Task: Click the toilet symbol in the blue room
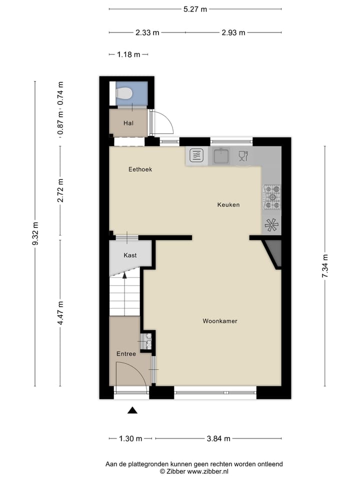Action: (123, 93)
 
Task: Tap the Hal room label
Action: (128, 123)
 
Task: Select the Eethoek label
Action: (140, 169)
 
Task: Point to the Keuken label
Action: (228, 204)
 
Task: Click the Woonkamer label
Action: (220, 321)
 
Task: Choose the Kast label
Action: (130, 255)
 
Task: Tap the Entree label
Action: (126, 354)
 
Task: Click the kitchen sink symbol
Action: (220, 156)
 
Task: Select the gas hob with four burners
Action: (272, 197)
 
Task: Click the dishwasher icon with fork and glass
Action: (243, 156)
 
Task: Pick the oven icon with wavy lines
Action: (197, 156)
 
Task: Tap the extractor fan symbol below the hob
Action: (271, 225)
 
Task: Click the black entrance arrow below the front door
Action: (132, 410)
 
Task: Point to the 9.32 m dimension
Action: (34, 234)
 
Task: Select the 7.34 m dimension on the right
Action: (324, 266)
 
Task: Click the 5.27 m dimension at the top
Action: (195, 9)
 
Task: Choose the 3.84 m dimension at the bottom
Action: (218, 439)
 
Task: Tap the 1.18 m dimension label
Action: (128, 55)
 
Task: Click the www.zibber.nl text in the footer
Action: (208, 471)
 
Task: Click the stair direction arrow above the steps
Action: (125, 274)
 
